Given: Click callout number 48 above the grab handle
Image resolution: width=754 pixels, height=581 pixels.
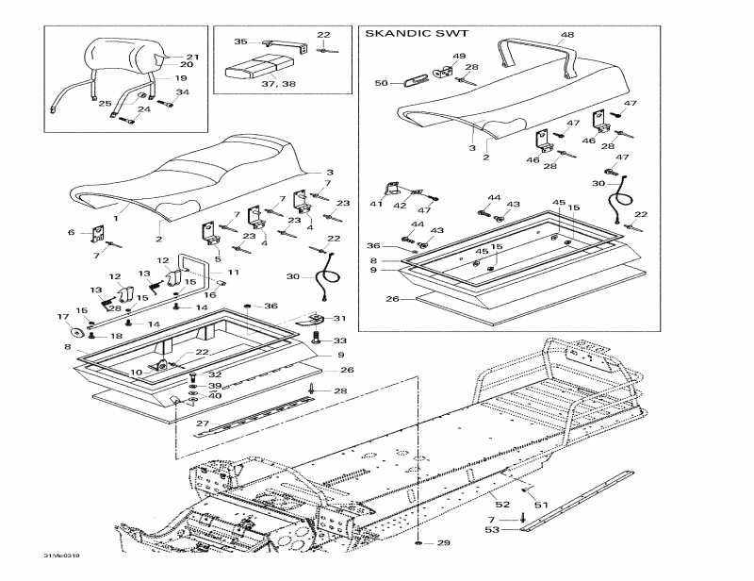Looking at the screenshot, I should (566, 35).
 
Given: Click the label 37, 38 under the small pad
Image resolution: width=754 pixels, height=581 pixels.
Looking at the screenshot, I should (252, 83).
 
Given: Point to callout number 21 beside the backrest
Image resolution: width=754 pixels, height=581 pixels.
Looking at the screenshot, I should (192, 57).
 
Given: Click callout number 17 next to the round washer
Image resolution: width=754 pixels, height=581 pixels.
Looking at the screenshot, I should (64, 317).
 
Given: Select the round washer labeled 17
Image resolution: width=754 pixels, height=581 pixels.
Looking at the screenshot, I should (73, 332).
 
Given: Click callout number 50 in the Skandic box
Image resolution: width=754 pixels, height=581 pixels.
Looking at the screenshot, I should (381, 84).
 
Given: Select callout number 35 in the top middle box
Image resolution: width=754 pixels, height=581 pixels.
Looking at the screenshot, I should (239, 41).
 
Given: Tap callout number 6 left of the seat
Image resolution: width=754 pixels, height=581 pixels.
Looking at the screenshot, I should (70, 232).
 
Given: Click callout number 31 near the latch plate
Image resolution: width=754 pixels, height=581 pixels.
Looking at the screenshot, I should (340, 318).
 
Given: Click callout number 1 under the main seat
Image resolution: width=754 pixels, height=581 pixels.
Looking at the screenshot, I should (117, 216).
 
